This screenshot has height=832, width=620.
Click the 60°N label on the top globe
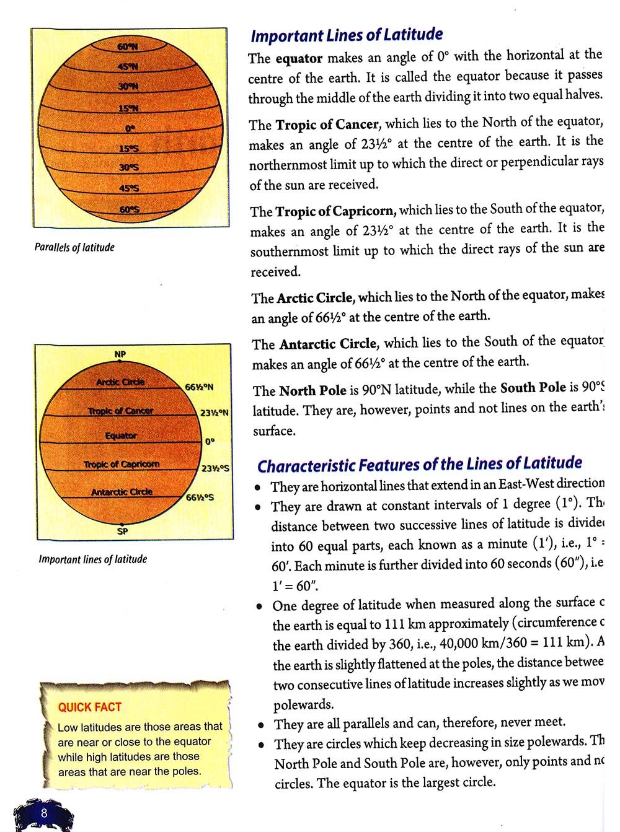pos(128,46)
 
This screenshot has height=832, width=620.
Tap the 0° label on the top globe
pos(130,128)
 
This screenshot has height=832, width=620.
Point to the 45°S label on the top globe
pos(129,188)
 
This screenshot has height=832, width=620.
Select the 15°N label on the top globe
pos(129,108)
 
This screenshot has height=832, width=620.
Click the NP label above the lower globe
pos(120,354)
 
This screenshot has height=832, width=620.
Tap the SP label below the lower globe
pos(122,531)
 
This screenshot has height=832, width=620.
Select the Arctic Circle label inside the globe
pos(120,382)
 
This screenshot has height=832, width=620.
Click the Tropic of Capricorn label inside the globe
pos(122,464)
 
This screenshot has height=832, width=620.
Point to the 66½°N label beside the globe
pos(199,387)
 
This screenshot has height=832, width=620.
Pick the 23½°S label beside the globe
pos(215,468)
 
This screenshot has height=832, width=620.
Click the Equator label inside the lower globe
pos(121,436)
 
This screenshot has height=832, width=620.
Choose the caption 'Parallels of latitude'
pos(74,247)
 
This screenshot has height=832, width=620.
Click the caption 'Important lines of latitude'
pos(93,559)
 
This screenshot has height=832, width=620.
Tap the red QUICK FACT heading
pos(90,707)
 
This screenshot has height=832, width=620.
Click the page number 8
pos(44,813)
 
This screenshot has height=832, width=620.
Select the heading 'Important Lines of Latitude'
pos(347,35)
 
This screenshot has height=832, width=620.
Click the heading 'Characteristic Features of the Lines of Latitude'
pos(420,464)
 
